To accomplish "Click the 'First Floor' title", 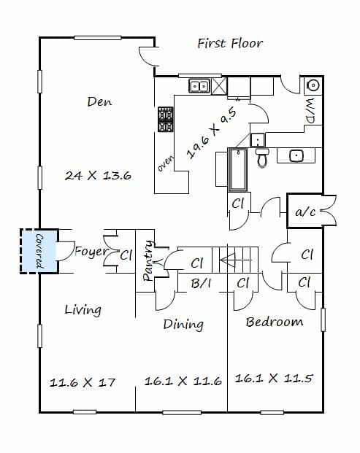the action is tap(230, 44).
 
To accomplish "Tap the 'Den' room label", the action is tap(99, 101).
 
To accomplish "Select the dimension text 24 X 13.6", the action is tap(98, 175).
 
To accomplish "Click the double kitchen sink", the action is tap(199, 86).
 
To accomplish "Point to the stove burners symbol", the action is tap(166, 119).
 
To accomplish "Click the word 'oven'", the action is tap(166, 163).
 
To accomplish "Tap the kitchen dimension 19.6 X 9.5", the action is tap(212, 133).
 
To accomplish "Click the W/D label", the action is tap(310, 111).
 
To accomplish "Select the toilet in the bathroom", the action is tap(262, 158).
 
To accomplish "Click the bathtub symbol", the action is tap(238, 170).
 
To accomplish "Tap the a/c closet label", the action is tap(305, 212).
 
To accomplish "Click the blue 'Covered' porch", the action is tap(39, 251).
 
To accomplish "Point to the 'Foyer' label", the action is tap(91, 252).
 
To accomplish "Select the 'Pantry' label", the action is tap(148, 260).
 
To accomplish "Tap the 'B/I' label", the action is tap(201, 284).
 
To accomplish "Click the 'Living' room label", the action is tap(83, 310).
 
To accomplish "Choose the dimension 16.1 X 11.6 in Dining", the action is tap(183, 381).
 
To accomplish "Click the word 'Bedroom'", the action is tap(275, 322).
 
